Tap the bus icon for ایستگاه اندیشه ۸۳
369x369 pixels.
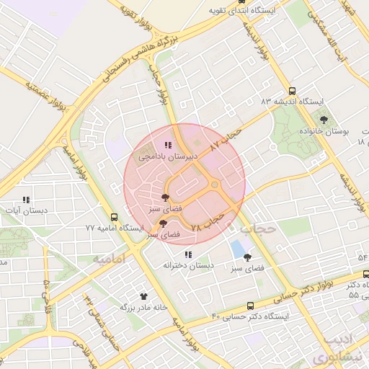tap(292, 92)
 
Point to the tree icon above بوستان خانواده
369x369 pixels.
tap(324, 120)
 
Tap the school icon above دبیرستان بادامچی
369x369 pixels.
tap(168, 146)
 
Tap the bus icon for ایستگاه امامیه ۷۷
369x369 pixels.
tap(114, 217)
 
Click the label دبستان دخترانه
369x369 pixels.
tap(189, 265)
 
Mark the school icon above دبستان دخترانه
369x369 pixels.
tap(188, 254)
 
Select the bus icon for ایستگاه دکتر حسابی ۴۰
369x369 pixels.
tap(250, 306)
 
